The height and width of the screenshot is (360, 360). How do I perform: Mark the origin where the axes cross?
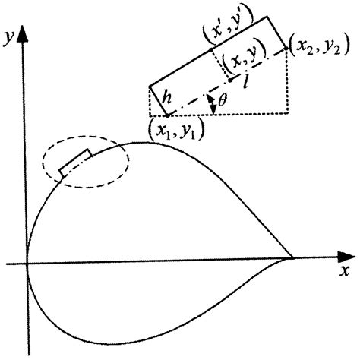coord(27,264)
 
